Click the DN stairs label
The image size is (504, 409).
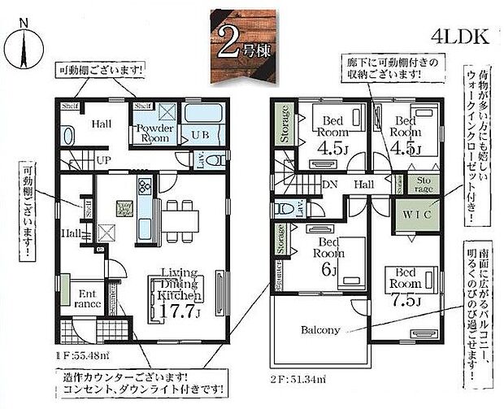pos(331,185)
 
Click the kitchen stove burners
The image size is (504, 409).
pos(146,188)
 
